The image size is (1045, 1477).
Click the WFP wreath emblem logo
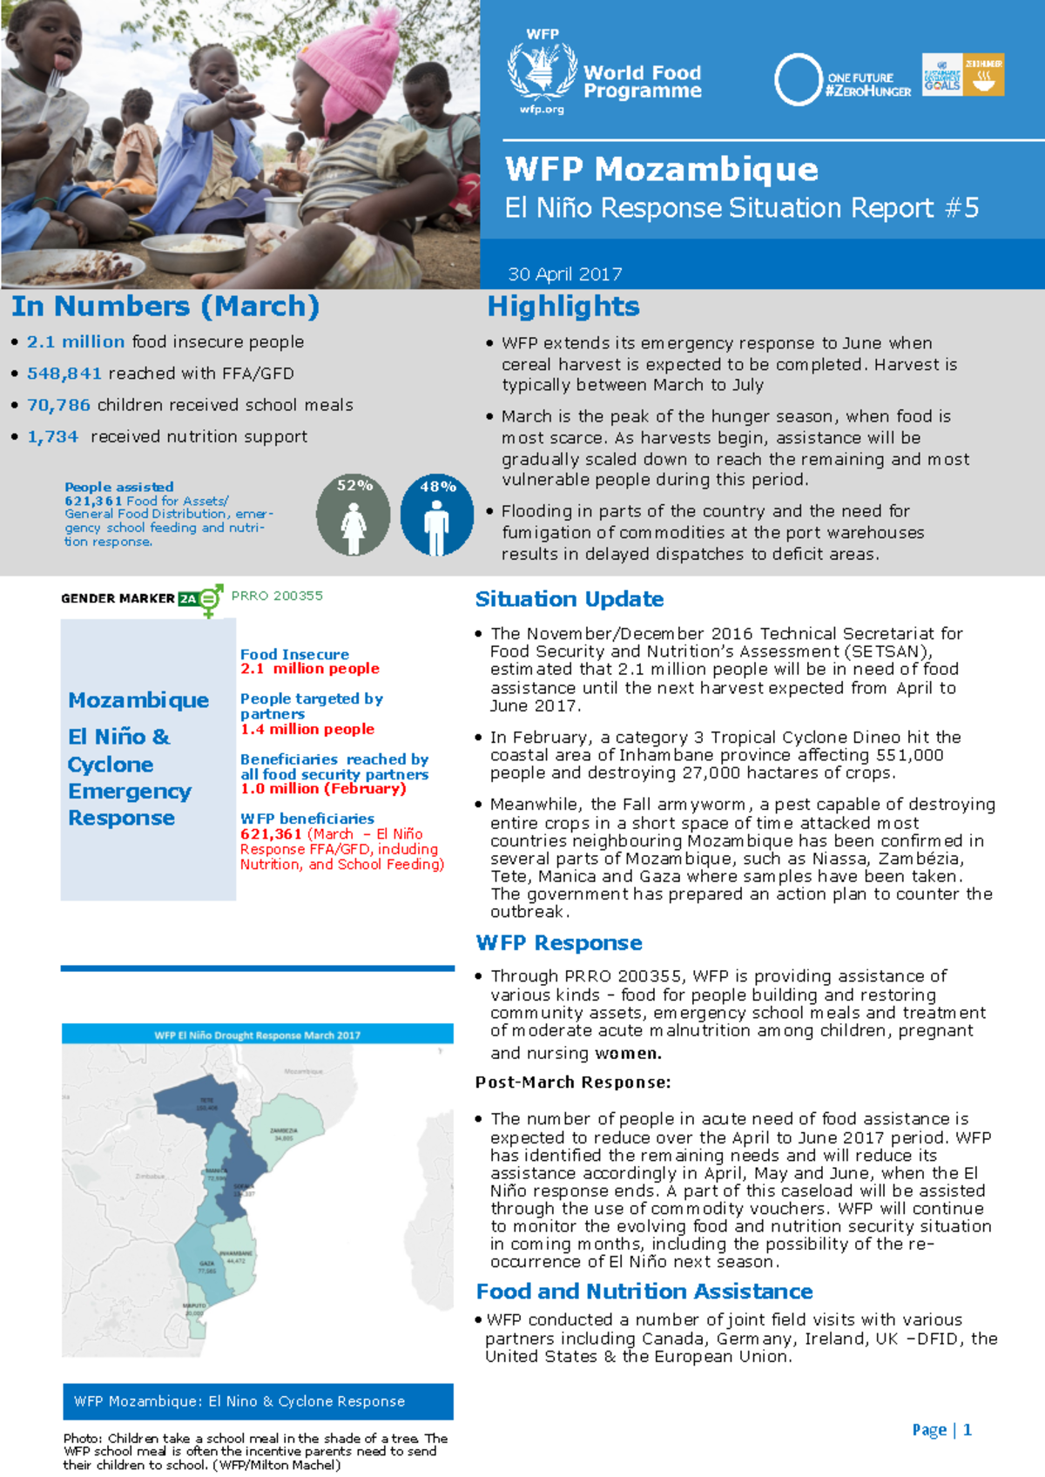(x=542, y=71)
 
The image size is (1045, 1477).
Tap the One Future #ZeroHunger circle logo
(x=798, y=80)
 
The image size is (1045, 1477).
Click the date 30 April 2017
(x=564, y=274)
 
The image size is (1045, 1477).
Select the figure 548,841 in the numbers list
(x=64, y=374)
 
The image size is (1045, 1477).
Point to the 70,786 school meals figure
(x=58, y=405)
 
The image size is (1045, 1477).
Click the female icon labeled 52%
(x=353, y=516)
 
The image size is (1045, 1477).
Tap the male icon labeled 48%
(x=436, y=516)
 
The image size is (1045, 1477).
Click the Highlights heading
(x=563, y=307)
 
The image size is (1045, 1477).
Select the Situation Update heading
(x=569, y=599)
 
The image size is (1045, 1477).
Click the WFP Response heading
(x=558, y=943)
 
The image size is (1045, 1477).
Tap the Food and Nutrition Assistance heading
(x=644, y=1292)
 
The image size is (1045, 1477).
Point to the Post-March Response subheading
(x=572, y=1082)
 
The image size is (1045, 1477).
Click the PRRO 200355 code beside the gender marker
(x=277, y=596)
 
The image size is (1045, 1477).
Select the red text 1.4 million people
(x=307, y=729)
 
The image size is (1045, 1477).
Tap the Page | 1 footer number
(x=941, y=1430)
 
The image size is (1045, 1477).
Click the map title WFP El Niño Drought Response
(x=257, y=1035)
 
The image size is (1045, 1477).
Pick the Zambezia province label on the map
(x=284, y=1131)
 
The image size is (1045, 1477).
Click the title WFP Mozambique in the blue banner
(x=661, y=169)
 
